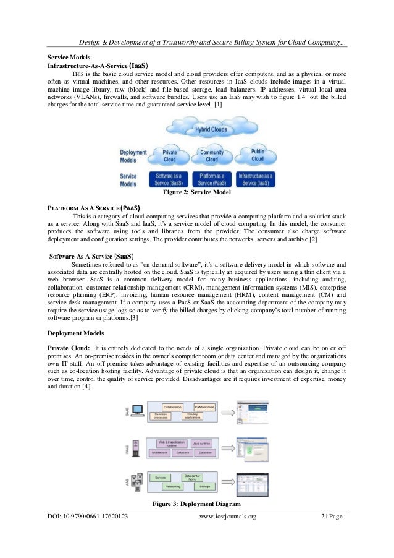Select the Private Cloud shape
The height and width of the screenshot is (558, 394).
click(x=170, y=155)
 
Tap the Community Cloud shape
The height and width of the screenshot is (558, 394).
click(x=212, y=156)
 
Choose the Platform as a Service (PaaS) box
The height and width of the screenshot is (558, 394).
click(x=211, y=180)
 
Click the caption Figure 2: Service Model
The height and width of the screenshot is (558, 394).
click(x=196, y=193)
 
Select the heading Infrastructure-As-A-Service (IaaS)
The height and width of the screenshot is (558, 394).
click(x=98, y=64)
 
